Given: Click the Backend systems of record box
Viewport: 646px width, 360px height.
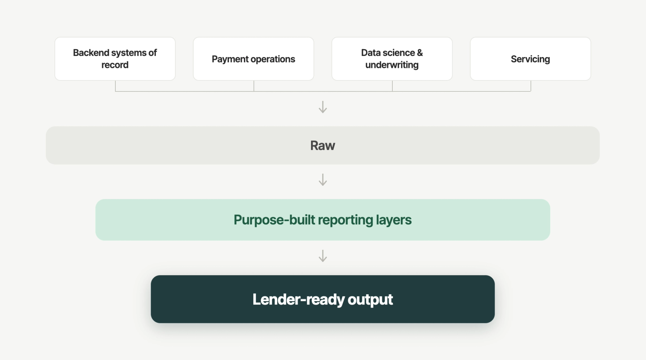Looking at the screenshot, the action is (115, 59).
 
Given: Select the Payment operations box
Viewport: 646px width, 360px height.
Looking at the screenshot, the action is (253, 59).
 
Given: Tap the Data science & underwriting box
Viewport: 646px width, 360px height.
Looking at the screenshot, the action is (392, 59).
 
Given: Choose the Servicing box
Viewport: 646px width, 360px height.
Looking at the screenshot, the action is (530, 59).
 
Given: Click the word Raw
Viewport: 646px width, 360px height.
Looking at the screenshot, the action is (323, 146).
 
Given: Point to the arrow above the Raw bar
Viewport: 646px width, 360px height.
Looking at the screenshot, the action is (323, 107).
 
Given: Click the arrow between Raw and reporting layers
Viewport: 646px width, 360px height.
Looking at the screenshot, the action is (323, 180).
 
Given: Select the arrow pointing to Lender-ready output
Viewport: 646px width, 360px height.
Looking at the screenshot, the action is (323, 256).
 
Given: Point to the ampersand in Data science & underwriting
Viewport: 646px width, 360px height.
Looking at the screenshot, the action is (420, 53).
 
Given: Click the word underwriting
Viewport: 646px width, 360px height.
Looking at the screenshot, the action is (392, 65).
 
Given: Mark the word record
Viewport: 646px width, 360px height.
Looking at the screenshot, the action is (115, 65).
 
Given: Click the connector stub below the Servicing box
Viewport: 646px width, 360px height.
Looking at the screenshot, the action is (531, 86).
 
